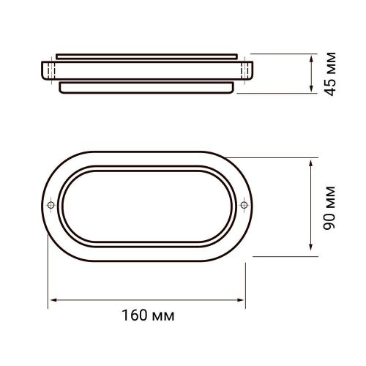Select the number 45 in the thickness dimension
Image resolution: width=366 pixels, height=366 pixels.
point(331,87)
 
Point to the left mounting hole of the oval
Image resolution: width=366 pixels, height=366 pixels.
point(51,203)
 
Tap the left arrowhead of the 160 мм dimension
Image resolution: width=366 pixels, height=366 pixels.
point(53,300)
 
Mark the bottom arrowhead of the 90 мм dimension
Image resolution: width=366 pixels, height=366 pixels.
point(310,249)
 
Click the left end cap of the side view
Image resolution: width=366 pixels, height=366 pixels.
point(49,70)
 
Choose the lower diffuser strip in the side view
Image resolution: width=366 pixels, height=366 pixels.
point(147,87)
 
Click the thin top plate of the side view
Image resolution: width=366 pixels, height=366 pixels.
point(147,56)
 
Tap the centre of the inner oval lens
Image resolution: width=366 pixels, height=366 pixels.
point(147,203)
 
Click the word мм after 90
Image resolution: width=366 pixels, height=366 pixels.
point(329,193)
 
